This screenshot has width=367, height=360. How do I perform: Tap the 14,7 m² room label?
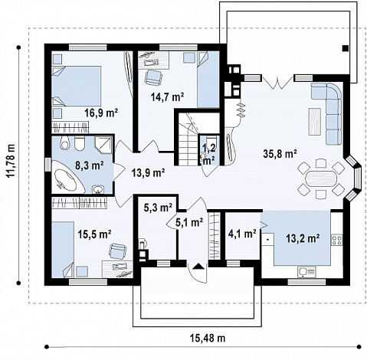[x=168, y=97]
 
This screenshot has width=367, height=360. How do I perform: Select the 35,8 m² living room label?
[x=280, y=154]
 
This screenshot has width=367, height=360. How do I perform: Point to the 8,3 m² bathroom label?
[x=89, y=165]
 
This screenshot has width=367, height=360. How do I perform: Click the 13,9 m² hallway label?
[x=148, y=173]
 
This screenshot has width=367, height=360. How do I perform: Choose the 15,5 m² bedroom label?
[x=94, y=234]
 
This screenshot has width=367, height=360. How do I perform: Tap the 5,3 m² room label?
[x=158, y=208]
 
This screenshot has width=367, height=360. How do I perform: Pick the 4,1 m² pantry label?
[x=242, y=234]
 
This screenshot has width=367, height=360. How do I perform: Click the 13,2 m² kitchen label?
[x=303, y=239]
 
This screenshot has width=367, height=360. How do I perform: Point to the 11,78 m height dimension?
[x=11, y=161]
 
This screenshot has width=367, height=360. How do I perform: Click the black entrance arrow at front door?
[x=198, y=267]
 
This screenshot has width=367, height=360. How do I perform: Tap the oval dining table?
[x=321, y=178]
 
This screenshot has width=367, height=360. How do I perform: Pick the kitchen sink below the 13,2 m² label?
[x=306, y=272]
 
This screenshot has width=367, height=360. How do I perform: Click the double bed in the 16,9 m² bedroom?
[x=77, y=87]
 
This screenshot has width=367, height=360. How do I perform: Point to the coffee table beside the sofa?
[x=315, y=122]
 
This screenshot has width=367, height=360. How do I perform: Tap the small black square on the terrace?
[x=345, y=48]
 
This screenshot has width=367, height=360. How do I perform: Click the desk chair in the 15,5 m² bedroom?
[x=118, y=251]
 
